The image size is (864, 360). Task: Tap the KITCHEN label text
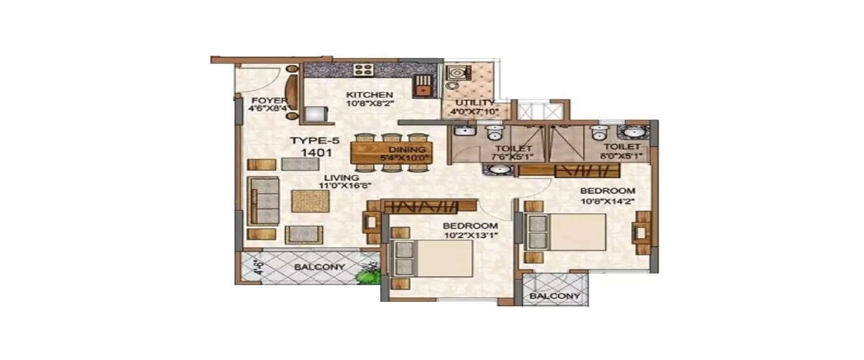point(369,95)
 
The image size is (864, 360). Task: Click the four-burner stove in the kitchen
point(363,70)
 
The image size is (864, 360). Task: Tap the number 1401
point(314,153)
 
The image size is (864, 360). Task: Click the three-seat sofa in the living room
point(263,200)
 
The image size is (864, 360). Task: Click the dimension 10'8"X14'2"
point(607,201)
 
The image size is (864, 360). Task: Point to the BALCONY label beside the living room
point(319,267)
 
